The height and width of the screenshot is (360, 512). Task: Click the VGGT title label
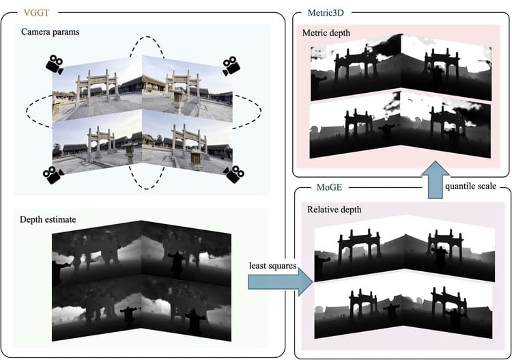tap(36, 13)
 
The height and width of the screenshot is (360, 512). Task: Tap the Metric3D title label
tap(326, 13)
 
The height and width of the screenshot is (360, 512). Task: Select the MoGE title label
tap(329, 187)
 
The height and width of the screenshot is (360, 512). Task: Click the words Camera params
tap(51, 32)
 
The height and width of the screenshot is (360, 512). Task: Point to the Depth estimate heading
tap(48, 219)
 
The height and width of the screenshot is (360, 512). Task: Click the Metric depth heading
tap(326, 33)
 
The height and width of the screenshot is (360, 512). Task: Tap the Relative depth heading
tap(335, 210)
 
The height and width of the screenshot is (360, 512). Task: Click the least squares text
tap(272, 266)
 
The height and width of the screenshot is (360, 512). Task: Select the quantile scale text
tap(470, 186)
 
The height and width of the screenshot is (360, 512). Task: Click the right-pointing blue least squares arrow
tap(280, 281)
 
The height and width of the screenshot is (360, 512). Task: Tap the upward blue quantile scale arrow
tap(436, 180)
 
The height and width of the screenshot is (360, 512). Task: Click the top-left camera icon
tap(55, 64)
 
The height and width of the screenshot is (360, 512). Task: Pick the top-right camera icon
tap(231, 66)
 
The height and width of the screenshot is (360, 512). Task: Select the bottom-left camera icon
tap(53, 175)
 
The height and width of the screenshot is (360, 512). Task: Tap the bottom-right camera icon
tap(233, 174)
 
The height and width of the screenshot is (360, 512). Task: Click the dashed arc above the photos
tap(147, 37)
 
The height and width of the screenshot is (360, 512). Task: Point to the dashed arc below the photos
tap(147, 189)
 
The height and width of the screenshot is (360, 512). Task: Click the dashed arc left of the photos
tap(27, 111)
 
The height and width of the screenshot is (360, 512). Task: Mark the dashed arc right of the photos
tap(261, 111)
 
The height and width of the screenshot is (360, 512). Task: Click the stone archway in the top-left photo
tap(98, 85)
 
